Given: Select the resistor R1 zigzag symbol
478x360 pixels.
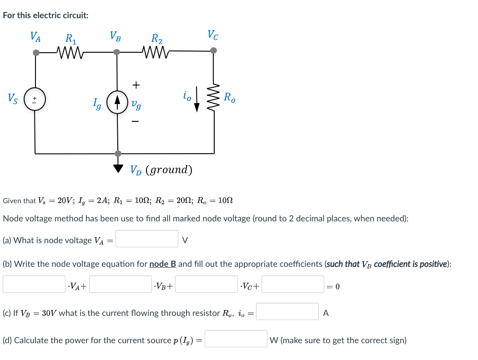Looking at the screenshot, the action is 70,52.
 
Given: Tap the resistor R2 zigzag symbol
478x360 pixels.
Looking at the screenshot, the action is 156,52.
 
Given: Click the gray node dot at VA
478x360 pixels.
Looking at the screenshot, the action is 36,53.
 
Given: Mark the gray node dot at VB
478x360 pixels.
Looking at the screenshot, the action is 116,52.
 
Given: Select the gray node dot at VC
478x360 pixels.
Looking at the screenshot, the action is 214,50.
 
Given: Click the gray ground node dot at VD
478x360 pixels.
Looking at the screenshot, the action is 118,153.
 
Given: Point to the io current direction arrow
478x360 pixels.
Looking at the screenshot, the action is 197,99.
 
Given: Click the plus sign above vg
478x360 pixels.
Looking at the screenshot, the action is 136,85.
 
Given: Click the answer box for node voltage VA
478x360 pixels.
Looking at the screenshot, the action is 147,239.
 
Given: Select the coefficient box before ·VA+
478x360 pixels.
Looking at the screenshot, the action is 34,284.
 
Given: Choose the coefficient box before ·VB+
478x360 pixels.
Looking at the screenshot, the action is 121,284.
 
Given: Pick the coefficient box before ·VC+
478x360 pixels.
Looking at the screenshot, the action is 206,284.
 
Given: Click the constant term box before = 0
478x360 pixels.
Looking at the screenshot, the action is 293,284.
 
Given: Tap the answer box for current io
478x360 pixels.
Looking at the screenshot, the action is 287,311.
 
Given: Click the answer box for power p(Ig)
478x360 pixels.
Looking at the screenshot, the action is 236,339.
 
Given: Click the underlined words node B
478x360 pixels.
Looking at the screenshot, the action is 162,264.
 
